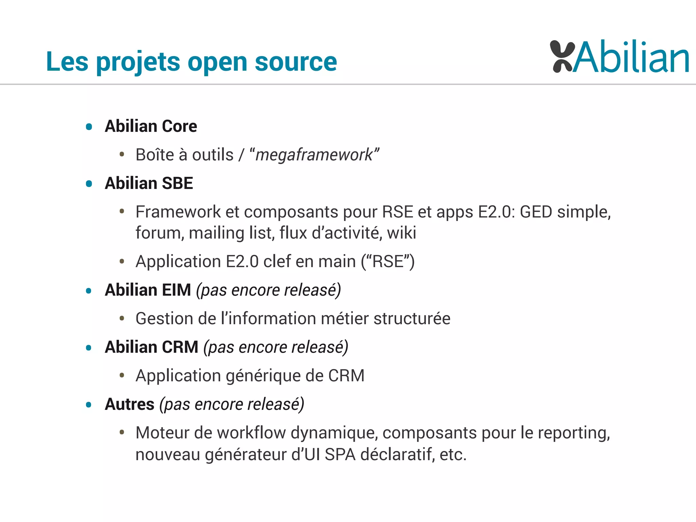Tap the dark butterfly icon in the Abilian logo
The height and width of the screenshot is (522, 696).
pyautogui.click(x=562, y=56)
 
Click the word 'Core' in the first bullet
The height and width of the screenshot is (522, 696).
pyautogui.click(x=179, y=126)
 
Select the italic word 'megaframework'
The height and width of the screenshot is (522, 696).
pyautogui.click(x=314, y=155)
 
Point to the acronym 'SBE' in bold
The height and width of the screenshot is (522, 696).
pyautogui.click(x=177, y=184)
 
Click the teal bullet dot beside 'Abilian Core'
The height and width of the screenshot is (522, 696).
pyautogui.click(x=89, y=127)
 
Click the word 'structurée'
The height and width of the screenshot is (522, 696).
pyautogui.click(x=412, y=319)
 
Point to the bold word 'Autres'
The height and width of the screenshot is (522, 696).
pyautogui.click(x=129, y=404)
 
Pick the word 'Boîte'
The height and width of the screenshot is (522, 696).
pyautogui.click(x=155, y=155)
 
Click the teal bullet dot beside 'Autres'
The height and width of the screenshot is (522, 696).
pyautogui.click(x=89, y=405)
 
